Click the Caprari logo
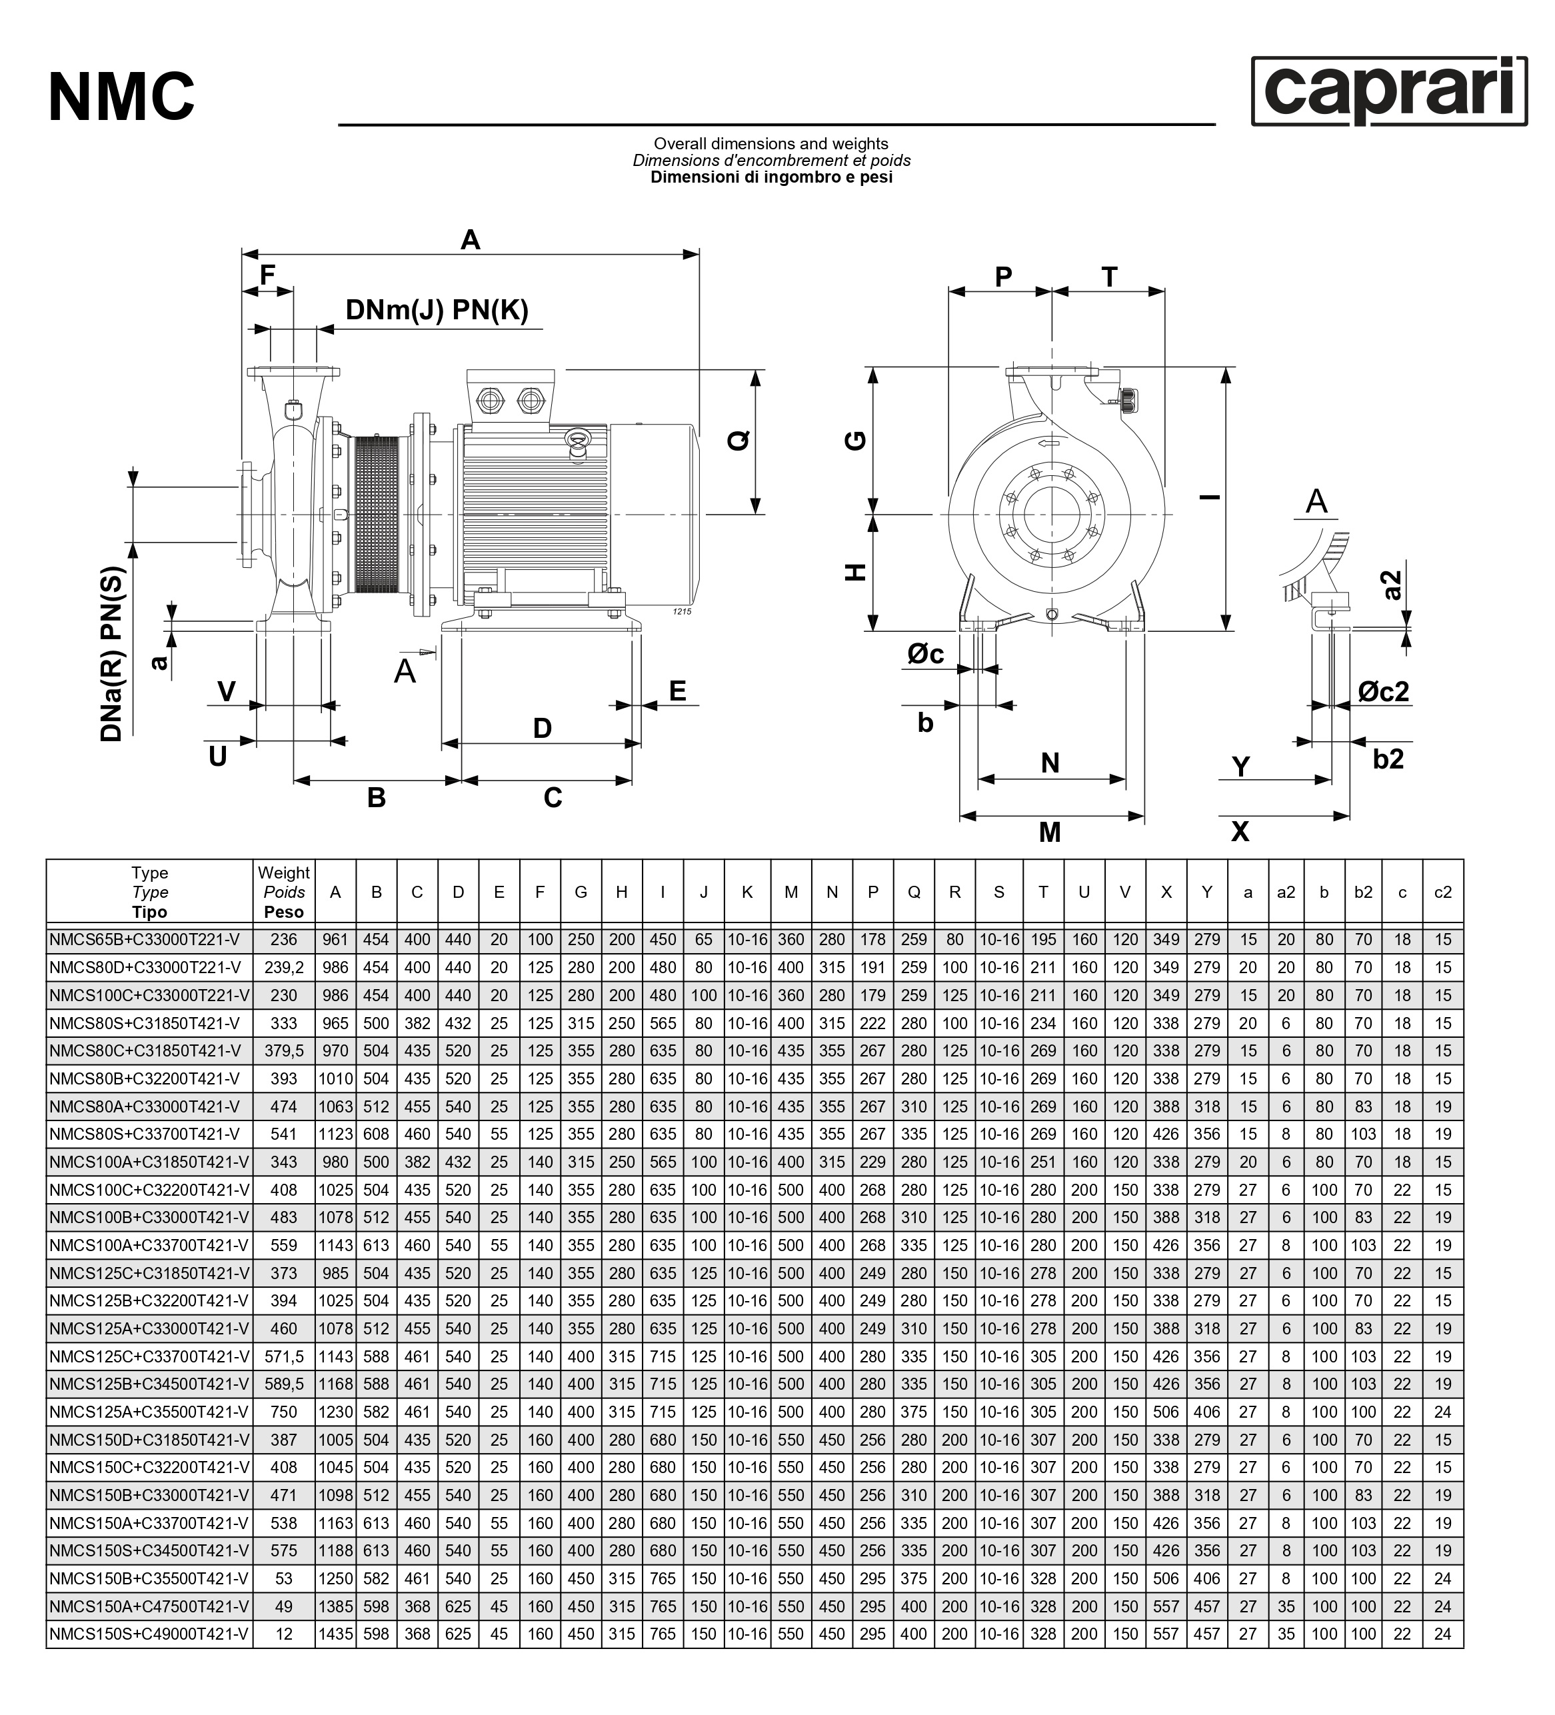(x=1388, y=91)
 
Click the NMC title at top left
(x=122, y=97)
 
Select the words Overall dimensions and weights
(x=771, y=144)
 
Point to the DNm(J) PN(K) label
(x=437, y=310)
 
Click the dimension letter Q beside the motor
(x=739, y=441)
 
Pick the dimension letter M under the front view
(x=1050, y=831)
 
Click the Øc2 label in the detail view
(x=1383, y=691)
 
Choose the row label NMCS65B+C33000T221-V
(x=145, y=939)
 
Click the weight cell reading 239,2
(x=283, y=967)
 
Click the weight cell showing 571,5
(x=283, y=1356)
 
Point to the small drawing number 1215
(x=683, y=612)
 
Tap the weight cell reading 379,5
(x=283, y=1050)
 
